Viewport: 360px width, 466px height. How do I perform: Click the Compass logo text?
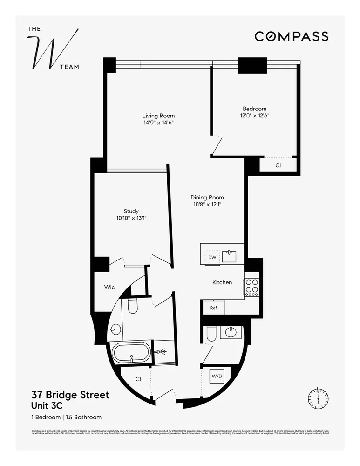pyautogui.click(x=292, y=36)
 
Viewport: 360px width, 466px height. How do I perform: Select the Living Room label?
pyautogui.click(x=158, y=116)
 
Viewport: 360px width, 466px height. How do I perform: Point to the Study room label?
pyautogui.click(x=131, y=211)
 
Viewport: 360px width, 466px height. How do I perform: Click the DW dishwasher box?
pyautogui.click(x=212, y=257)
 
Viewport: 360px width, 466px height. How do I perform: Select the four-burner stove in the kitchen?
pyautogui.click(x=251, y=288)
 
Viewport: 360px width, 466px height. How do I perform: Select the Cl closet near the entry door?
pyautogui.click(x=138, y=379)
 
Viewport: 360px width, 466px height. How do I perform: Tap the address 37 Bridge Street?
pyautogui.click(x=70, y=395)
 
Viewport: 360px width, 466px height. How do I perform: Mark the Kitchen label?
pyautogui.click(x=222, y=282)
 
